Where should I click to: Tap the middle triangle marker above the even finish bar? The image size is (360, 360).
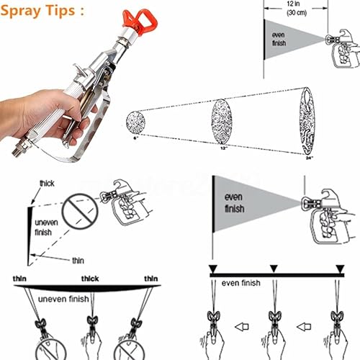(x=272, y=269)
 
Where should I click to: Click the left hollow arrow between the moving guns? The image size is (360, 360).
(x=243, y=325)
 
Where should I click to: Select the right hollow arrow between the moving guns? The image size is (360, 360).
(x=305, y=325)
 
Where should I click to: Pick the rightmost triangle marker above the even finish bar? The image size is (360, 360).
(x=339, y=269)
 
